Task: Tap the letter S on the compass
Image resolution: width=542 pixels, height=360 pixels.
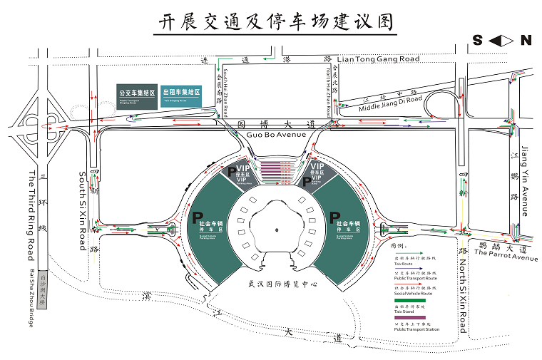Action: point(478,41)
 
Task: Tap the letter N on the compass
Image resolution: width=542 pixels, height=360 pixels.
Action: point(526,41)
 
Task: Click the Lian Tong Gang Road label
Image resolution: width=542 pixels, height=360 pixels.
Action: point(378,59)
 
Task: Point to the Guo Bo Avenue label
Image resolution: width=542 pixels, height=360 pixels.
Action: point(275,135)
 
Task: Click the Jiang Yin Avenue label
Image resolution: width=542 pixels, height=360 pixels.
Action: point(526,181)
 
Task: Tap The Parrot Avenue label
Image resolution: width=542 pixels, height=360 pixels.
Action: point(504,253)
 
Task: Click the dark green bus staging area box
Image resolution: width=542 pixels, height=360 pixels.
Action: point(138,96)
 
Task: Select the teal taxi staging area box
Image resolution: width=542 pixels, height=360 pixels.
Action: point(182,96)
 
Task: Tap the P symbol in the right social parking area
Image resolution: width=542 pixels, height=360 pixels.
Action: point(334,217)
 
